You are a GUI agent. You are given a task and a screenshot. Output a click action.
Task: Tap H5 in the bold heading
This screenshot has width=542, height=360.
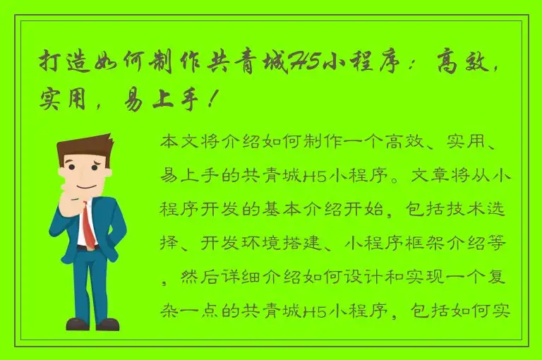(x=305, y=62)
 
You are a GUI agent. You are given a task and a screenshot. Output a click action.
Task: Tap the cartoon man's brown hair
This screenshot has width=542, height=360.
(x=83, y=146)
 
